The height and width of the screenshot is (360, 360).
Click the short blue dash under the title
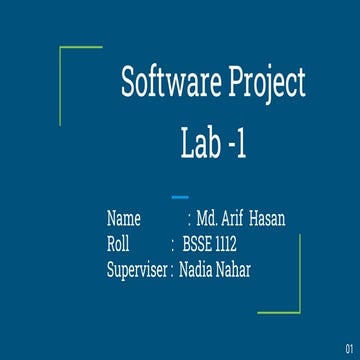[x=180, y=196]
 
